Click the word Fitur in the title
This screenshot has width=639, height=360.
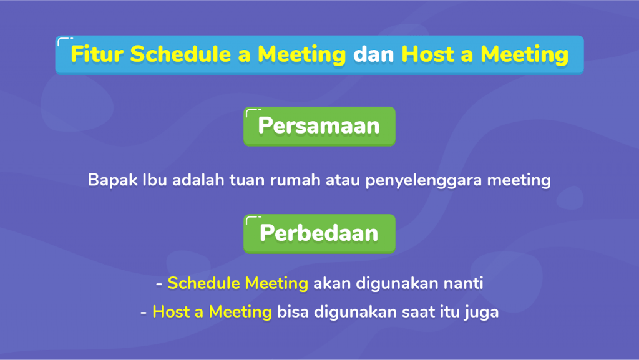tap(97, 54)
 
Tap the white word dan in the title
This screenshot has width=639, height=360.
tap(374, 54)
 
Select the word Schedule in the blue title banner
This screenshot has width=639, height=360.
tap(180, 54)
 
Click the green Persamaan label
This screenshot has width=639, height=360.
tap(319, 126)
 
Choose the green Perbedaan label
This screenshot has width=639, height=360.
tap(319, 234)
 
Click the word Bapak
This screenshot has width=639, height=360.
tap(113, 180)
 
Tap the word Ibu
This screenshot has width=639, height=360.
tap(155, 180)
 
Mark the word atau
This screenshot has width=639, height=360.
tap(343, 180)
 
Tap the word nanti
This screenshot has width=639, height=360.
tap(464, 283)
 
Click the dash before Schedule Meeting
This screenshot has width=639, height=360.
tap(159, 284)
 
